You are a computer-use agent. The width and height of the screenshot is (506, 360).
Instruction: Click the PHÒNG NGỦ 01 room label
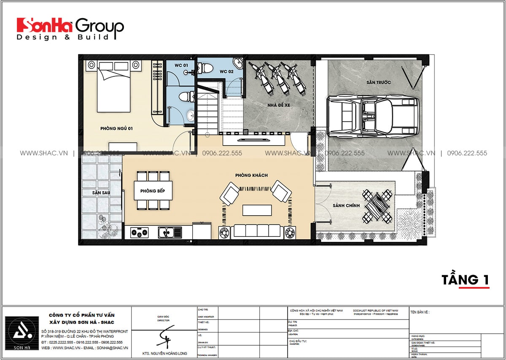[x=116, y=128]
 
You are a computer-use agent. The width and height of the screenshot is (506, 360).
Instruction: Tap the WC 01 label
[x=182, y=65]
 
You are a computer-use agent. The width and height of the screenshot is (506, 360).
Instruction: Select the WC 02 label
[x=226, y=72]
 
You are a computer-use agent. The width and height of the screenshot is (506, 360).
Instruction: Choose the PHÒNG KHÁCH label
[x=252, y=175]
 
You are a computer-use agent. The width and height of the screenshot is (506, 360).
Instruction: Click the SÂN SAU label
[x=101, y=192]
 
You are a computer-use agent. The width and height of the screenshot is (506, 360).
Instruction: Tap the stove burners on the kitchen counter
[x=139, y=232]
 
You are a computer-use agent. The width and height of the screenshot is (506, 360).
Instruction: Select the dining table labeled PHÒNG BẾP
[x=152, y=191]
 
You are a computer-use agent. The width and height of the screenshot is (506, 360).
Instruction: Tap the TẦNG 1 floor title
[x=465, y=279]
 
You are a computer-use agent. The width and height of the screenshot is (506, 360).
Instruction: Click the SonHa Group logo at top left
[x=70, y=29]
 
